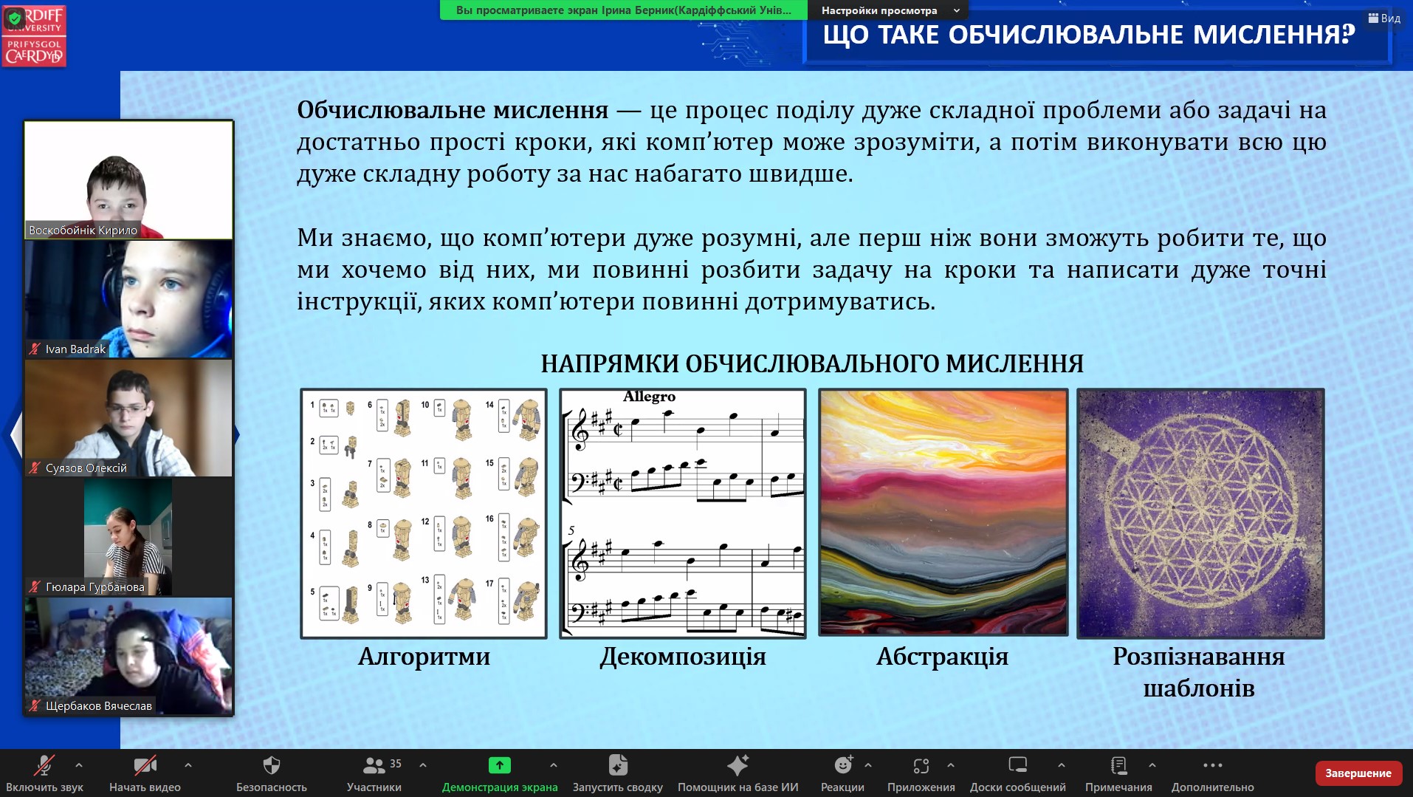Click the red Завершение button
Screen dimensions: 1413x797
1358,773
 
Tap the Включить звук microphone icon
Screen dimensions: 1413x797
44,764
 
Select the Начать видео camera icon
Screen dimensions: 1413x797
145,764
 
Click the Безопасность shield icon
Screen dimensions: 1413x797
272,764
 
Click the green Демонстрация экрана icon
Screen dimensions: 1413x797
500,764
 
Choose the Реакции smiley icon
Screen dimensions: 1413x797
843,764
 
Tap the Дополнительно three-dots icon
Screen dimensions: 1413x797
1212,765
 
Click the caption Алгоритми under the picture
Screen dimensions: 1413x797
424,657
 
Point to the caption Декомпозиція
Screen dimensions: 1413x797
683,657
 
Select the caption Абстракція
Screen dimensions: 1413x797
942,657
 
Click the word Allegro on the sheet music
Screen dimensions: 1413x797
649,397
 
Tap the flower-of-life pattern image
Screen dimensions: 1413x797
1200,513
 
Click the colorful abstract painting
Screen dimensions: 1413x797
943,512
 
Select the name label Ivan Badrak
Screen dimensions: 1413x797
75,349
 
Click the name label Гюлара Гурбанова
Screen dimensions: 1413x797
94,587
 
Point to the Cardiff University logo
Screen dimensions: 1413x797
34,35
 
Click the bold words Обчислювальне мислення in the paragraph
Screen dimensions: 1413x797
453,110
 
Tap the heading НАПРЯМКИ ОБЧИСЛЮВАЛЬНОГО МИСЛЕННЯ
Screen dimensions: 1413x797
812,363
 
